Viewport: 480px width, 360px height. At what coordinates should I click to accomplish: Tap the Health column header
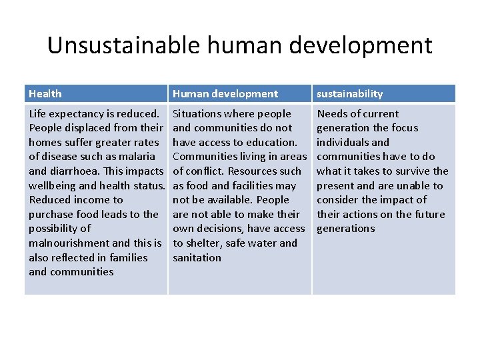click(45, 94)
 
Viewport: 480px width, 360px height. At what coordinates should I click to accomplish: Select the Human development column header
click(225, 94)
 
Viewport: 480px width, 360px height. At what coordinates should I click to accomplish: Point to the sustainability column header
click(349, 94)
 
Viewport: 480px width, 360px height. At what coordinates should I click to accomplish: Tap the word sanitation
click(197, 257)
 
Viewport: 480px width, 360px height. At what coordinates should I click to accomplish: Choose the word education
click(273, 142)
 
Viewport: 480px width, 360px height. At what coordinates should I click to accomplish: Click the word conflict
click(204, 171)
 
